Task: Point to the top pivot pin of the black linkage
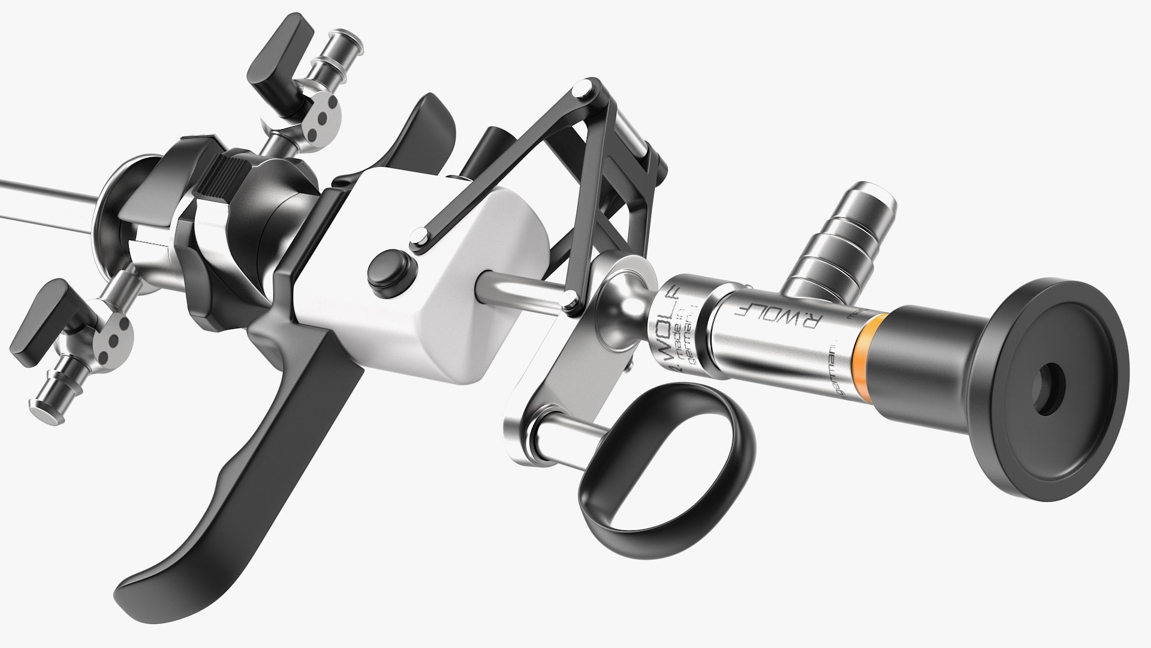[579, 91]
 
